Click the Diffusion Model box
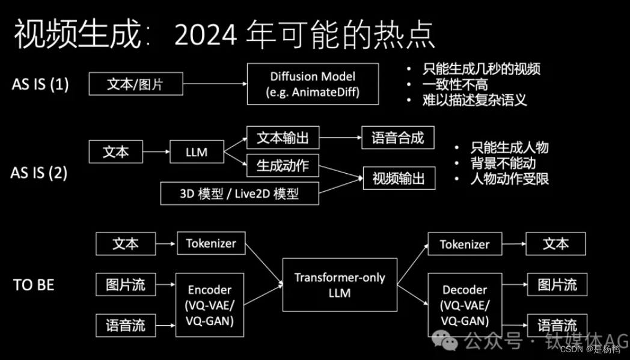point(313,85)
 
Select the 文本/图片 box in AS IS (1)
point(135,84)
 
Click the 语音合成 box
point(397,138)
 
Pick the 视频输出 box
point(399,178)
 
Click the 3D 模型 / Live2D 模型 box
point(239,194)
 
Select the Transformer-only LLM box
point(340,285)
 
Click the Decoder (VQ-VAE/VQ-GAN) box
point(465,305)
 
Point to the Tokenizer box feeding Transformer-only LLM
point(211,243)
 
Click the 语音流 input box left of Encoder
point(126,325)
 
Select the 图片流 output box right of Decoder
point(557,284)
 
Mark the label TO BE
point(34,285)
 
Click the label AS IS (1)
point(40,85)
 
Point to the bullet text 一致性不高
point(455,84)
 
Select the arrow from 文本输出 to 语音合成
point(340,138)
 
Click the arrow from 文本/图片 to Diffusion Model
point(214,84)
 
